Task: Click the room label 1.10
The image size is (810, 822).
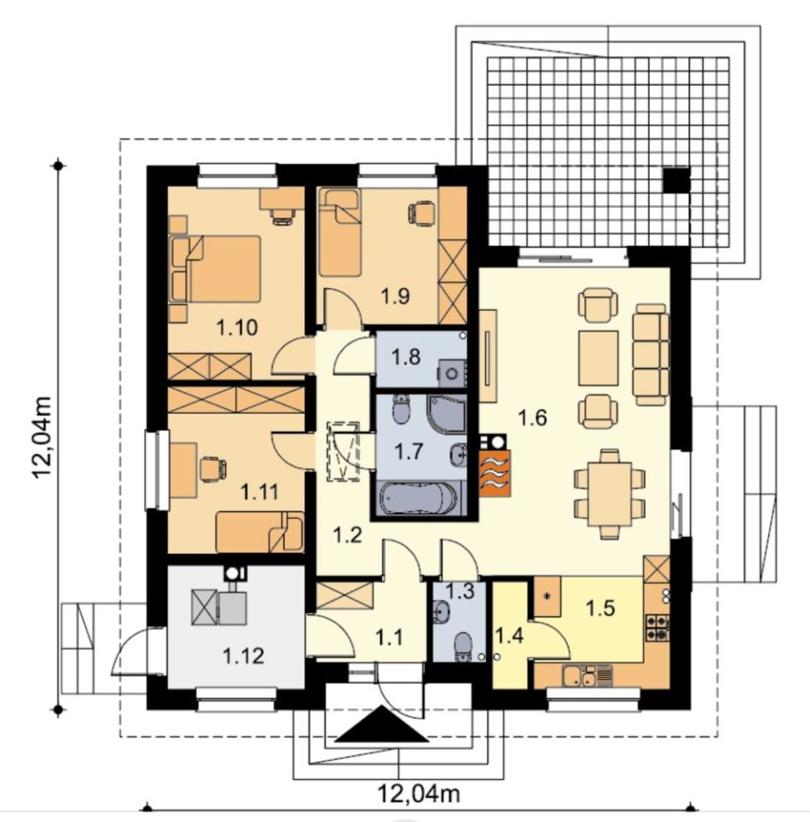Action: click(x=237, y=328)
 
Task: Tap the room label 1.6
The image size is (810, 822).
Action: click(x=532, y=418)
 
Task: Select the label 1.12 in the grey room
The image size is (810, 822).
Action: click(x=243, y=655)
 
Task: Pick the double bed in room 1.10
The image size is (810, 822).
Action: click(x=215, y=269)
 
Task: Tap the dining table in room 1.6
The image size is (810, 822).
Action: click(x=610, y=493)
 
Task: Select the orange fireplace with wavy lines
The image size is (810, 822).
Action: click(x=494, y=474)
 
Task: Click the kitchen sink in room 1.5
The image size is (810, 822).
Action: click(x=587, y=676)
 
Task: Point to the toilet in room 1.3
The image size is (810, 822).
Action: click(x=463, y=646)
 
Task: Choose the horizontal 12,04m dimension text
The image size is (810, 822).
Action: click(x=419, y=794)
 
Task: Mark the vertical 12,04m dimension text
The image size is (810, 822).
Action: click(x=43, y=438)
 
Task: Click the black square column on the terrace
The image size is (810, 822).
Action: click(x=676, y=180)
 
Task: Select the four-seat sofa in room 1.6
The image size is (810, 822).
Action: click(x=651, y=354)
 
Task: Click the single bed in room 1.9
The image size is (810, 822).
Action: click(x=340, y=233)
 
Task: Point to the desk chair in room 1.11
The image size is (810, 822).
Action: click(x=212, y=468)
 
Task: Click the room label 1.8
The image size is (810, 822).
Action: click(x=407, y=357)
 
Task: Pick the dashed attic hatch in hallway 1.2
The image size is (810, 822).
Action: click(x=343, y=451)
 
